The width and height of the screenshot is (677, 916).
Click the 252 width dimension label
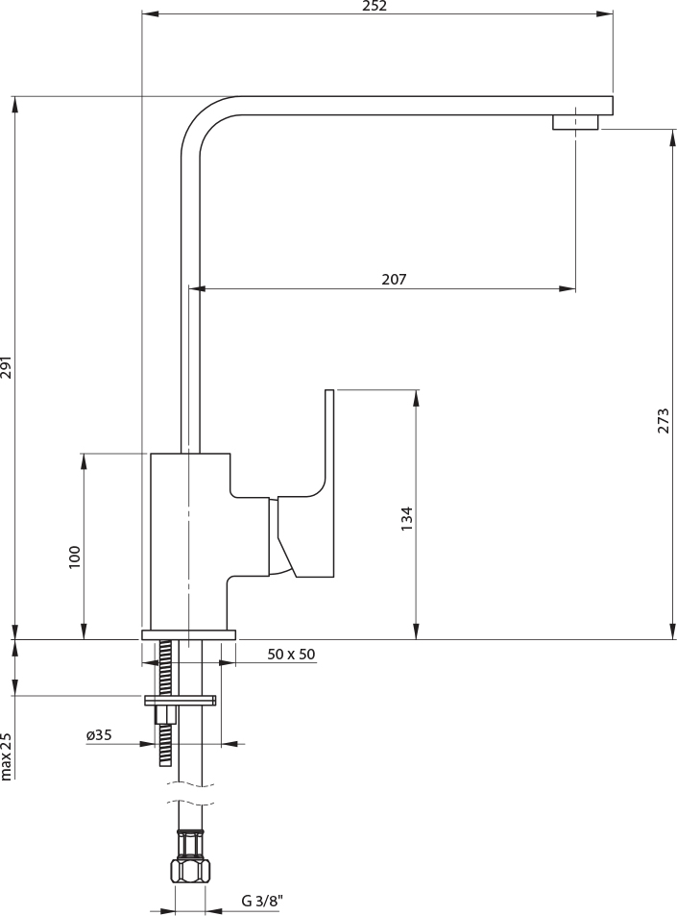coord(375,6)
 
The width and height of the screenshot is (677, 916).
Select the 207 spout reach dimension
coord(394,280)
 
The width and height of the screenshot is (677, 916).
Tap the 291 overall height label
coord(8,368)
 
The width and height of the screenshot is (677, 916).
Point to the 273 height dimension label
coord(664,421)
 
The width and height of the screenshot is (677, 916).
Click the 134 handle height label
coord(407,519)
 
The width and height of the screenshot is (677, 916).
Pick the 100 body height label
coord(75,557)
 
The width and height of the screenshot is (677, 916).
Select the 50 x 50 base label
coord(291,655)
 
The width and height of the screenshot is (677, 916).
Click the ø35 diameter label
coord(99,735)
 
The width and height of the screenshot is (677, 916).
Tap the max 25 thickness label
coord(8,755)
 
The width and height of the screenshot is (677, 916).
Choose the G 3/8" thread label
coord(261,902)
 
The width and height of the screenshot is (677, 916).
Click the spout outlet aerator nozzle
coord(574,122)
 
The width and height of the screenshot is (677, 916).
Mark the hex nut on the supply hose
coord(190,870)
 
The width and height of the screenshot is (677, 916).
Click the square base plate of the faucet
coord(188,634)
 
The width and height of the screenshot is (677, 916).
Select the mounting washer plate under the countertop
coord(181,700)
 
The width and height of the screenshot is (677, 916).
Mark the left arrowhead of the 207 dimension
coord(197,288)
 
